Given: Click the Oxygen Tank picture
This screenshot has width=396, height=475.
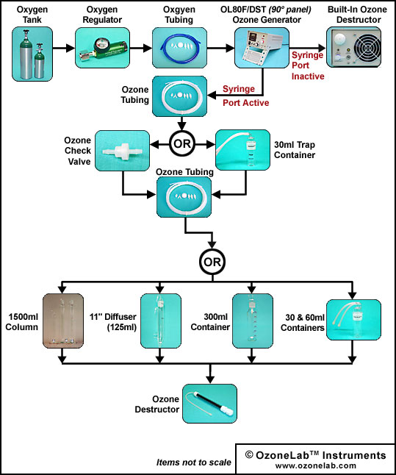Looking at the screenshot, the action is tap(32, 54).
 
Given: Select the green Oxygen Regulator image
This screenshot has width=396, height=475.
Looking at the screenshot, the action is tap(102, 48).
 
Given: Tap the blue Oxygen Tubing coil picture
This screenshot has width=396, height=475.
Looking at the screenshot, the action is tap(179, 48).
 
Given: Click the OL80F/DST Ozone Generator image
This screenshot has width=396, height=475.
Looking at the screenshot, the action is tap(262, 48).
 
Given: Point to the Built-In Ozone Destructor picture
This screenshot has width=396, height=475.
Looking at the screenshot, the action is tap(353, 47).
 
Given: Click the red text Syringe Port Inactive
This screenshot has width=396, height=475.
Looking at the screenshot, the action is tap(308, 65).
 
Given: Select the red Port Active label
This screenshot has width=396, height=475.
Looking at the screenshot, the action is tap(246, 103).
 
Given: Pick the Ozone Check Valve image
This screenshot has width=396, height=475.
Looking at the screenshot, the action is tap(122, 151).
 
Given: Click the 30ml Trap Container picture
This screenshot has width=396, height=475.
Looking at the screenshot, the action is tap(242, 150).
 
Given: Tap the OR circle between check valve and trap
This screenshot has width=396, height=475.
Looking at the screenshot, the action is tap(182, 143).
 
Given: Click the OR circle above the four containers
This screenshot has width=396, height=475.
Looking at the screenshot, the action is tap(212, 262).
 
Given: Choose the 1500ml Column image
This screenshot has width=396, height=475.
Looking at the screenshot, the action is tap(63, 321).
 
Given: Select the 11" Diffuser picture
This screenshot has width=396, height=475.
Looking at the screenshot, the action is tap(161, 321).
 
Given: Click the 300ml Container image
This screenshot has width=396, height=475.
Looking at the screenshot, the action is tap(253, 321).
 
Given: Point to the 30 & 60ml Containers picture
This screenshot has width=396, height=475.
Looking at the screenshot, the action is tap(353, 320).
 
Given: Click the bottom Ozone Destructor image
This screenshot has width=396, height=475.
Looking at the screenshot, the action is tap(209, 404).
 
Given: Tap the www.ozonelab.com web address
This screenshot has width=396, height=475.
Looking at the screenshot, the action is tap(315, 465).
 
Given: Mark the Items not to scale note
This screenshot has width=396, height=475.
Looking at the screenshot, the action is tap(194, 463).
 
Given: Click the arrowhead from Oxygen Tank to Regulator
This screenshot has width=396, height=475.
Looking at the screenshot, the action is tap(71, 48).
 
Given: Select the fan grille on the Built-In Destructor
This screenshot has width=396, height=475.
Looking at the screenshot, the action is tap(367, 48).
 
